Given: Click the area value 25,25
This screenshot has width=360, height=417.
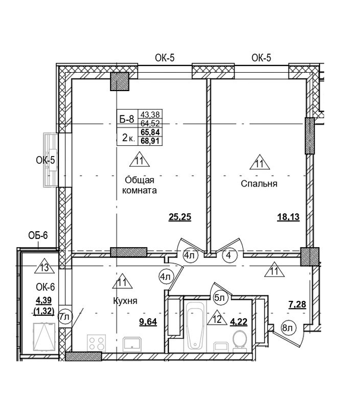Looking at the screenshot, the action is tap(180, 217).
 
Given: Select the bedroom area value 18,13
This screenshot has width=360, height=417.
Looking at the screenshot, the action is tap(288, 217).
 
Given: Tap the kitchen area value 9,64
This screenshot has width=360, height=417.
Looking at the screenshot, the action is tap(148, 322).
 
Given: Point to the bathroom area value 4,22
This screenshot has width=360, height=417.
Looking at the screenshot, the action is tap(239, 322).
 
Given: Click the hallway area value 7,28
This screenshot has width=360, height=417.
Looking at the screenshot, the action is tap(298, 304).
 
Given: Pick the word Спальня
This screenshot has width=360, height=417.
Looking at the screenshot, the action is tap(259, 183).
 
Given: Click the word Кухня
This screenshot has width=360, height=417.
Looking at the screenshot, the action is tap(125, 301).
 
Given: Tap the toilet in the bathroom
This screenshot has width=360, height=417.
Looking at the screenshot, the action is tap(240, 341).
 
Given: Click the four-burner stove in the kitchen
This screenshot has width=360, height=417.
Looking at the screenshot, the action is tap(96, 343).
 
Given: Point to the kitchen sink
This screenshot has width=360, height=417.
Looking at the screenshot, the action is tap(132, 344).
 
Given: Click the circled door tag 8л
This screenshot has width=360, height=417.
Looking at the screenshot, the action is tap(287, 328).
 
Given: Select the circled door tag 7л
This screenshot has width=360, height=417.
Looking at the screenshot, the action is tap(65, 317).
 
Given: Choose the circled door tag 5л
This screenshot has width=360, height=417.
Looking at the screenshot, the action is tap(220, 298).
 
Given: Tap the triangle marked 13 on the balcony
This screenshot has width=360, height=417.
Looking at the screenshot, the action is tap(45, 266).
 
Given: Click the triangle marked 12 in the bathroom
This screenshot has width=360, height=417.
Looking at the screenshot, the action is tap(217, 318).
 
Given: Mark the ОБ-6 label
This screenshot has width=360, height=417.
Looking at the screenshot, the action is tap(38, 235).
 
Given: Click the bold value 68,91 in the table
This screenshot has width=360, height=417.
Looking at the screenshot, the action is tap(151, 141).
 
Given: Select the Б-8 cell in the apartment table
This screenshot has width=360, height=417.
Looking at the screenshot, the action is tap(127, 119).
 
